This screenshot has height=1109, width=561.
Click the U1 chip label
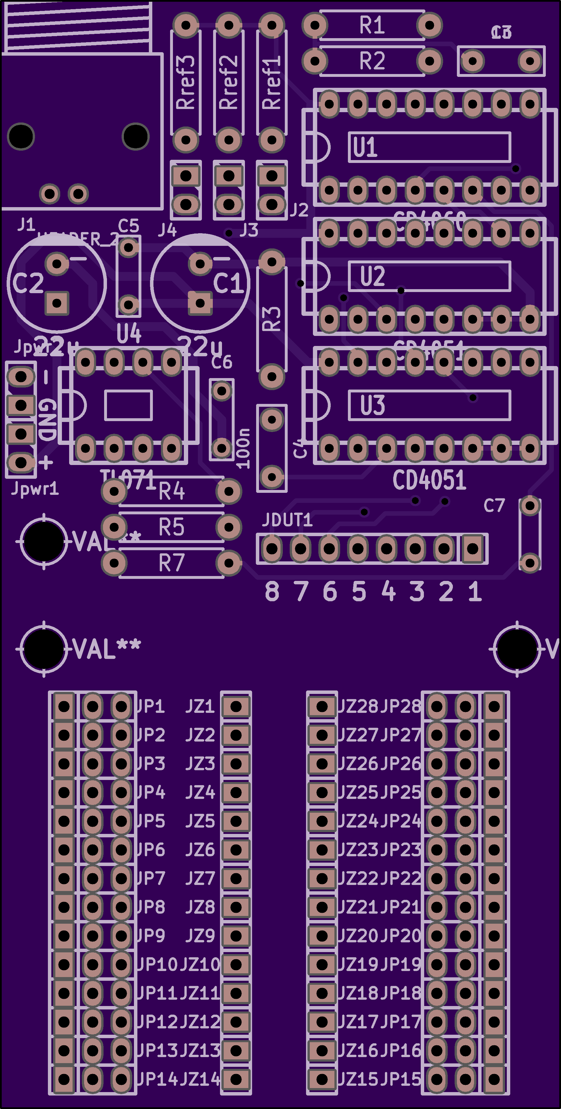point(365,147)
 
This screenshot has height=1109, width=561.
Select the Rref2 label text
point(229,82)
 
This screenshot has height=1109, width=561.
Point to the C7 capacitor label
point(494,506)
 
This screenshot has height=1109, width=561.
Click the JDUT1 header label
point(287,520)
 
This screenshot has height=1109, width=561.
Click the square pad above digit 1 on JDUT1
point(473,548)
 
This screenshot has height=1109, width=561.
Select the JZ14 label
point(200,1079)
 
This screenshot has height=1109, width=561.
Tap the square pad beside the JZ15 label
point(322,1079)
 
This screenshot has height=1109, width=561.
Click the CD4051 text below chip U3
point(429,480)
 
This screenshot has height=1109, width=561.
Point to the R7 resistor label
point(171,563)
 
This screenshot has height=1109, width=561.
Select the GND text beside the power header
point(47,419)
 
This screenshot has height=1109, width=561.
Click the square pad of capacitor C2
point(57,303)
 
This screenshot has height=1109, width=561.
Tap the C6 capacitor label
point(222,362)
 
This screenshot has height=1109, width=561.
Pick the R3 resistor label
point(272,319)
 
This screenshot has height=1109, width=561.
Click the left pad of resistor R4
point(114,491)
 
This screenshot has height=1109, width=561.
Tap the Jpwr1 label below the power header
point(34,489)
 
